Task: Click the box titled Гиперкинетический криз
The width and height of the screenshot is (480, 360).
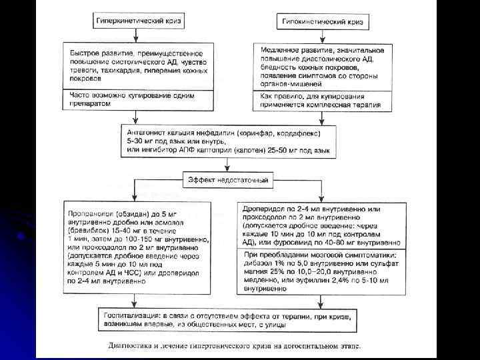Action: [x=138, y=22]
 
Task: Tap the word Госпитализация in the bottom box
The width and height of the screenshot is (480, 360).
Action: [x=127, y=315]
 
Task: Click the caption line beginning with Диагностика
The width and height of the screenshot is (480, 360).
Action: [x=233, y=347]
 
